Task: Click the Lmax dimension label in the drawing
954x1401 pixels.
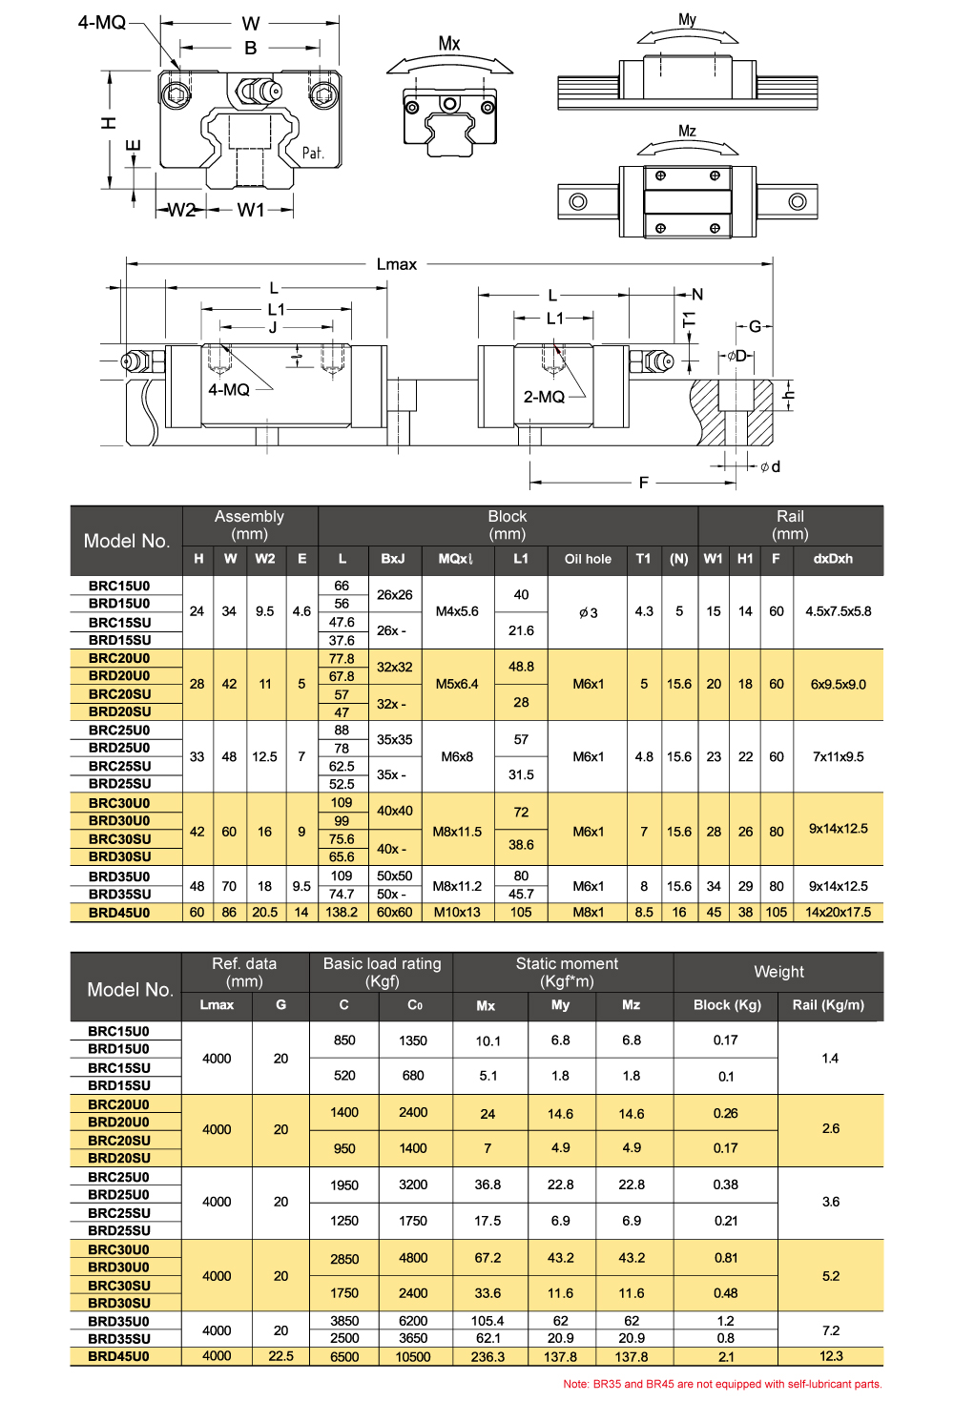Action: click(396, 264)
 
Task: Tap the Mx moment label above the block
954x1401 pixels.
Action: click(449, 43)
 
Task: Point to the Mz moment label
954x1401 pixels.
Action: click(687, 131)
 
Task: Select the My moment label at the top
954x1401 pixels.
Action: click(687, 19)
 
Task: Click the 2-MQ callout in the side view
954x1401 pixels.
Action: click(544, 397)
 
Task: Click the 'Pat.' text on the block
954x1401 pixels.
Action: click(313, 153)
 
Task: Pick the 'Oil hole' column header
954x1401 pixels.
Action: click(588, 559)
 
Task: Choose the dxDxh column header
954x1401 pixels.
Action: click(833, 559)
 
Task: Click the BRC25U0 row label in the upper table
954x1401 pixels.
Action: click(119, 731)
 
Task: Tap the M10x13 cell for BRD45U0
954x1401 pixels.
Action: click(457, 913)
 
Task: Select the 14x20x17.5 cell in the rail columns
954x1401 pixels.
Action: click(838, 913)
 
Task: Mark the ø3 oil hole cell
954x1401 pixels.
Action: click(588, 612)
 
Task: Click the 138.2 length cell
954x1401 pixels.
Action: click(342, 913)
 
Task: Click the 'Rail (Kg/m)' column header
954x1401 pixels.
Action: click(828, 1005)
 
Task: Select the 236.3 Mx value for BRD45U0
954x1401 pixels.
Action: click(487, 1357)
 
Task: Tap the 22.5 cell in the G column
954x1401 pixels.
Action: click(280, 1356)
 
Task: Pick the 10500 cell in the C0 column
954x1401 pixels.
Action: click(413, 1357)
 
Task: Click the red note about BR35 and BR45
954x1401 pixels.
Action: click(722, 1384)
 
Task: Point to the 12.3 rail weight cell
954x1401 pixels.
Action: click(830, 1356)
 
